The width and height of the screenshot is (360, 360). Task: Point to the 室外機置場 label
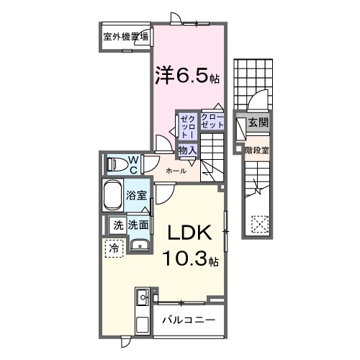[125, 37]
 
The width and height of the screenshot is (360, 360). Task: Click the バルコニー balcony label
[188, 318]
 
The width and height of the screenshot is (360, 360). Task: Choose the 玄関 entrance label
[258, 123]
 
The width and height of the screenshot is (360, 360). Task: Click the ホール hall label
[176, 171]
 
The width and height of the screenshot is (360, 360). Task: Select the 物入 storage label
[187, 150]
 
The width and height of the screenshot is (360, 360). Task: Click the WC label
[133, 164]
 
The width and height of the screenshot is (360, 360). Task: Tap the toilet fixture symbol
[115, 164]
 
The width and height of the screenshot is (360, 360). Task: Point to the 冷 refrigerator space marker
[114, 248]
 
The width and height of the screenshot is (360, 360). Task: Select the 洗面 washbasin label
[139, 225]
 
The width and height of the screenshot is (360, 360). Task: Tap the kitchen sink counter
[141, 306]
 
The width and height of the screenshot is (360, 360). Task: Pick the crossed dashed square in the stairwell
[257, 224]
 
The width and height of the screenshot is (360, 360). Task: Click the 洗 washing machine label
[117, 225]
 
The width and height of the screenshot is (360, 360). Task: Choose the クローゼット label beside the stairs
[212, 121]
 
